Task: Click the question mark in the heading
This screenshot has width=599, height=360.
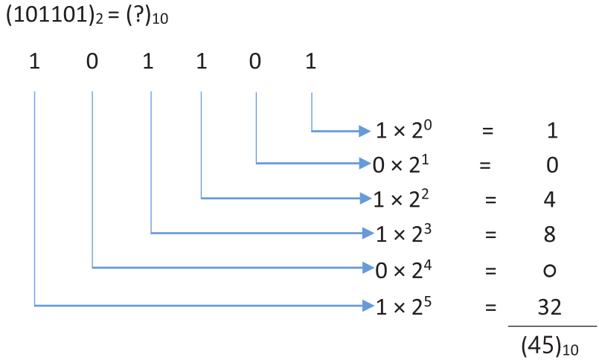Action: pyautogui.click(x=140, y=16)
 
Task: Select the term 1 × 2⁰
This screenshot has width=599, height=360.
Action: pyautogui.click(x=404, y=130)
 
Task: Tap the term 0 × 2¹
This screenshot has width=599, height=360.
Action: pyautogui.click(x=401, y=164)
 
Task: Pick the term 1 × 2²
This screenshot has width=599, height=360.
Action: pyautogui.click(x=401, y=199)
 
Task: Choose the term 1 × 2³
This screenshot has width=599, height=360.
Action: pyautogui.click(x=404, y=234)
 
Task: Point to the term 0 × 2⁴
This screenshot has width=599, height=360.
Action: pyautogui.click(x=403, y=269)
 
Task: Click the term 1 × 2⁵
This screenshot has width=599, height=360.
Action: pyautogui.click(x=404, y=306)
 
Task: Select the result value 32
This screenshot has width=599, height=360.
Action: pyautogui.click(x=550, y=307)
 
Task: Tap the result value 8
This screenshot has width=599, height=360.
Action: pyautogui.click(x=550, y=234)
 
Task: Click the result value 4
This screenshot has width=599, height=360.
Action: pyautogui.click(x=549, y=199)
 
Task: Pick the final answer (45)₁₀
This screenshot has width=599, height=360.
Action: pyautogui.click(x=550, y=345)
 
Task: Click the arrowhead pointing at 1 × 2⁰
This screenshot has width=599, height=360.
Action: pyautogui.click(x=365, y=132)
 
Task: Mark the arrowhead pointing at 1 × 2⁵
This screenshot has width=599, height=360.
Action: pyautogui.click(x=368, y=306)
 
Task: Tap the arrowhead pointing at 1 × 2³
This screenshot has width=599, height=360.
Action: pyautogui.click(x=368, y=233)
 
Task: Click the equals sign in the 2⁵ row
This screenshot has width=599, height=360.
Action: pyautogui.click(x=490, y=307)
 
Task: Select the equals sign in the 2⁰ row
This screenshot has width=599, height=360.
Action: pyautogui.click(x=488, y=131)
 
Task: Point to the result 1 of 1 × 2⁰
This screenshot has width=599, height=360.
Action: pyautogui.click(x=552, y=131)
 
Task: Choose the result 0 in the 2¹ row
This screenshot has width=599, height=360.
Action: pyautogui.click(x=552, y=165)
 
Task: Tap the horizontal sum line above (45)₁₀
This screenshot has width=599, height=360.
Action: pyautogui.click(x=552, y=327)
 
